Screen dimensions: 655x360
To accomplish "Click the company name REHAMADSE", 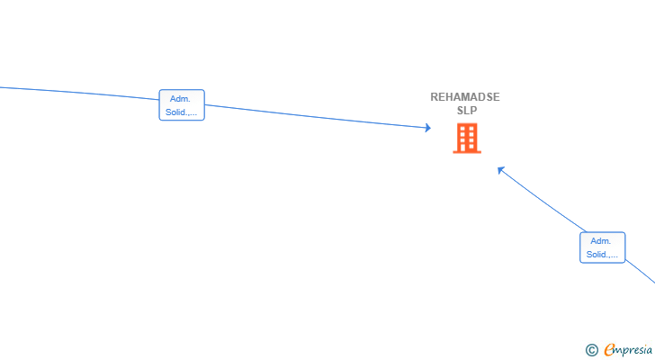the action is coord(465,97).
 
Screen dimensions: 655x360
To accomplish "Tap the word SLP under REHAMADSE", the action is coord(467,111).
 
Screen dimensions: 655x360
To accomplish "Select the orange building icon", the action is coord(467,139).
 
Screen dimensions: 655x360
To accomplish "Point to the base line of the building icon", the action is coord(467,152).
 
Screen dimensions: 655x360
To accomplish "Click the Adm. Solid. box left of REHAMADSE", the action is coord(182,104).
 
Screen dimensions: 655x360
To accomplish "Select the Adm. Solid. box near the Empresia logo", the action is coord(603,247).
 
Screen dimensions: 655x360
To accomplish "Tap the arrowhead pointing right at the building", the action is coord(428,128).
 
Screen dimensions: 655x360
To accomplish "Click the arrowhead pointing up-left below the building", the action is coord(501,170).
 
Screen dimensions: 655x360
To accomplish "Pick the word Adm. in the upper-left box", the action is coord(180,99).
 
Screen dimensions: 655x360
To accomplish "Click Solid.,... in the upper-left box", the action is coord(182,112).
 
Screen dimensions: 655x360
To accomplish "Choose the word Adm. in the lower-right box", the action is coord(601,241).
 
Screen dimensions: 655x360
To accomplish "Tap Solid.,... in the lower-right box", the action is coord(602,255).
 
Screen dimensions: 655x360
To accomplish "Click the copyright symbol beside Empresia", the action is coord(592,350).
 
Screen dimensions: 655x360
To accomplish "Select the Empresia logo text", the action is coord(628,350).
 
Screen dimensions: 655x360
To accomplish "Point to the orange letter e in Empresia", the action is coord(609,349).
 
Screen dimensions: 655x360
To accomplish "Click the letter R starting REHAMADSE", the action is coord(435,97).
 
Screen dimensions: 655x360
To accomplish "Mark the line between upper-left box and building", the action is coord(318,116).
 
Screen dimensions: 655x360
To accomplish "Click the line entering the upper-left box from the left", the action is coord(79,94).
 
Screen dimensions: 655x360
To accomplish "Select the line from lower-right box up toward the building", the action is coord(543,200).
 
